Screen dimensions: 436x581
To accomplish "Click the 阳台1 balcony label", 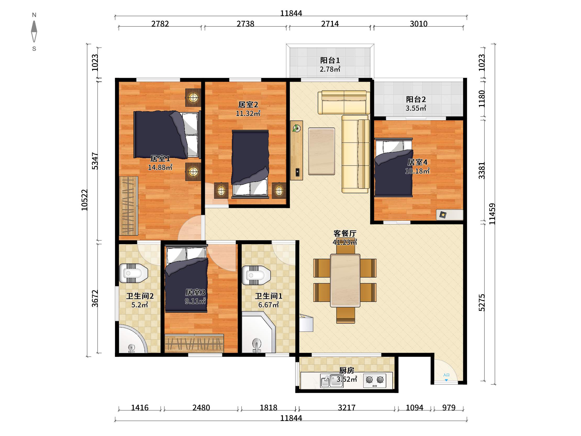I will [x=330, y=60].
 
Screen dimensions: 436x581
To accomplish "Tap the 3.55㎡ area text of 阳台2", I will [x=416, y=108].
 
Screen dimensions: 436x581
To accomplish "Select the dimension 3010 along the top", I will [x=419, y=24].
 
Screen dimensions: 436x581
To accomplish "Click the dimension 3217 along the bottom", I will [x=347, y=408].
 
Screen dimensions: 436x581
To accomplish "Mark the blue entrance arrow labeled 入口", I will [x=446, y=380].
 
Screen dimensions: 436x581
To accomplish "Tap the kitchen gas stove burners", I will [x=375, y=380].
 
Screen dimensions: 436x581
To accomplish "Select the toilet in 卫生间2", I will [x=133, y=273].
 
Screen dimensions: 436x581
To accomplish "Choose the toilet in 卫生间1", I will [x=256, y=275].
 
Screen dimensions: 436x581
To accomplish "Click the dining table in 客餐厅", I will [x=345, y=280].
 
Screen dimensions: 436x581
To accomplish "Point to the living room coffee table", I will [x=321, y=151].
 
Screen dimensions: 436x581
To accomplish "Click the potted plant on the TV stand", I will [x=297, y=128].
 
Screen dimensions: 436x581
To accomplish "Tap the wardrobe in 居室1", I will [x=129, y=206].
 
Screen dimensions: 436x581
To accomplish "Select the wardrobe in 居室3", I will [x=194, y=343].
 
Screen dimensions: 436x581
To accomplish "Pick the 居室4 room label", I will [x=417, y=162].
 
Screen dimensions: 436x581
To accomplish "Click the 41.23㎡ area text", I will [x=345, y=242].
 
